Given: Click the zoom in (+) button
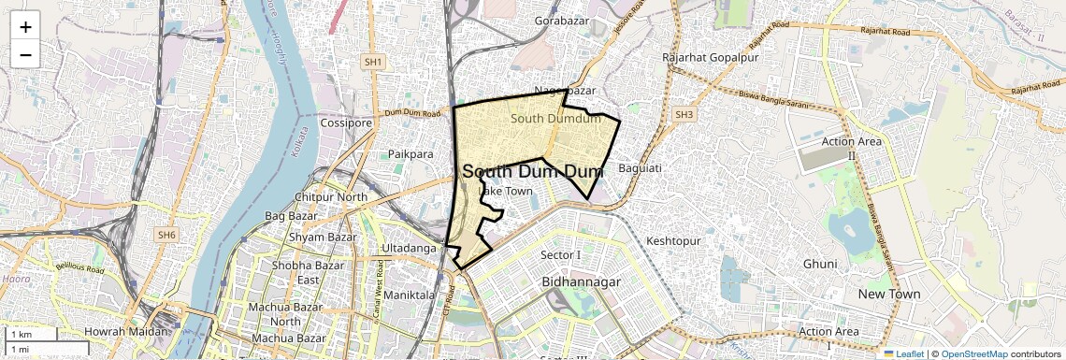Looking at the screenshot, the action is (25, 27).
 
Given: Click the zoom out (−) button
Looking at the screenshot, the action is (25, 54).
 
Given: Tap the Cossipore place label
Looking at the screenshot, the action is (347, 122).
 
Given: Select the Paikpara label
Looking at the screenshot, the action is (411, 153).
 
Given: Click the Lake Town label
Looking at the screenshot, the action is (506, 192).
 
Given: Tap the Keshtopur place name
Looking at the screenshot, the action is (673, 241).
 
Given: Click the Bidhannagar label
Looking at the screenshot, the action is (582, 281).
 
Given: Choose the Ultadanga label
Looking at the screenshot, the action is (410, 248).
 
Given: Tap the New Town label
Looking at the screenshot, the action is (889, 294).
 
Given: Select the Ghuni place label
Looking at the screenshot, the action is (820, 264).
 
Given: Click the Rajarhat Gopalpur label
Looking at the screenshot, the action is (711, 58).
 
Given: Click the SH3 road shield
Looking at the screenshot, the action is (685, 114).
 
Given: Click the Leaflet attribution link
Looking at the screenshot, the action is (903, 353).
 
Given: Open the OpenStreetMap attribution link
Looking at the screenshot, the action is (973, 353).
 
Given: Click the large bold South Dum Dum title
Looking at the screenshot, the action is (533, 172).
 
